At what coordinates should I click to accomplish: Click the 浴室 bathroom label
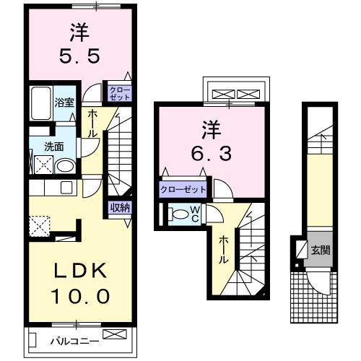64,102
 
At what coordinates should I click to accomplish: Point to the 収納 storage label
120,208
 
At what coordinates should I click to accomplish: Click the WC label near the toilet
194,213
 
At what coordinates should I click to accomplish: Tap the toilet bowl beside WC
175,214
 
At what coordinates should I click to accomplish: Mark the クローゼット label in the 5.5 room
118,92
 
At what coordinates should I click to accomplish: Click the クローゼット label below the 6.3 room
183,189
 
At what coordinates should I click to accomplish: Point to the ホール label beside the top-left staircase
94,123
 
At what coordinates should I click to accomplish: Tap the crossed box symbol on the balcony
113,334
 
